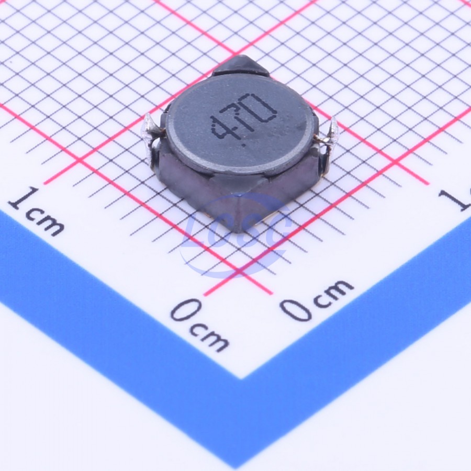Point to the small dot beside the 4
[243, 144]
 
